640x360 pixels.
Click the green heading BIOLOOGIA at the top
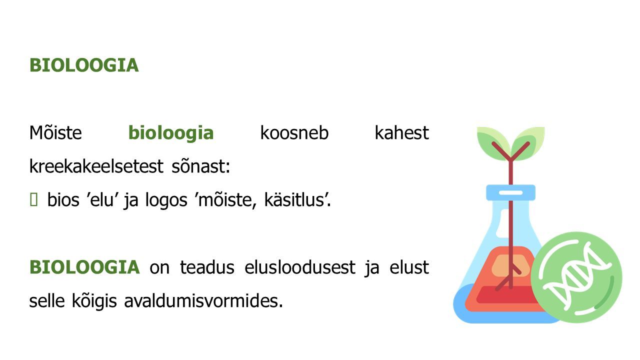tap(84, 65)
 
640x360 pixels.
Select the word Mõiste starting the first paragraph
tap(55, 133)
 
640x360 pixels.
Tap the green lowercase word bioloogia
tap(171, 133)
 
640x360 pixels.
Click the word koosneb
tap(294, 133)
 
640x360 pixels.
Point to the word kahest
tap(401, 133)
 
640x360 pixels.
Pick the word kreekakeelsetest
tap(96, 166)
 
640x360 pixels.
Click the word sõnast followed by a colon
tap(200, 166)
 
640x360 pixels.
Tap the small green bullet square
tap(33, 199)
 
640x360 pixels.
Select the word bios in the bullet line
tap(63, 199)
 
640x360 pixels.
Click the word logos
tap(166, 199)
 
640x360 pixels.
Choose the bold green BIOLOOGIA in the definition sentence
tap(84, 267)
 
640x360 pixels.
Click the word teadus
tap(207, 267)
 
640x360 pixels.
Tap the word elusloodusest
tap(300, 267)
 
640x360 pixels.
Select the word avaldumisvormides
tap(203, 301)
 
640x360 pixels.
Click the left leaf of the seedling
tap(493, 143)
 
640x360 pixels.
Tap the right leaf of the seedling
tap(528, 143)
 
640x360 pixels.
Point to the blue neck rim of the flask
tap(511, 192)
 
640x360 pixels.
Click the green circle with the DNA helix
tap(576, 277)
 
